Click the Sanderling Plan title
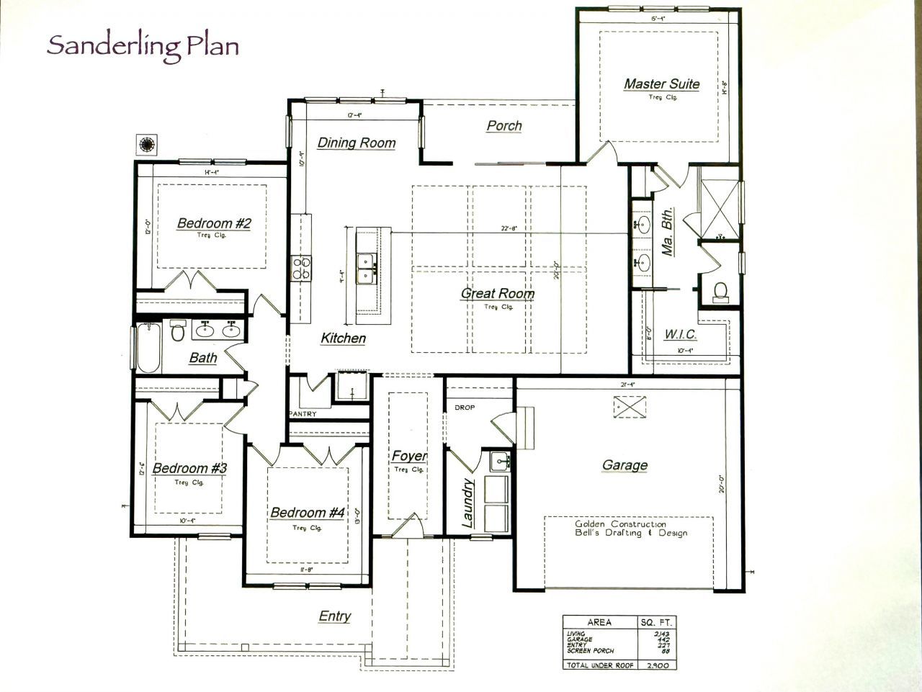[143, 46]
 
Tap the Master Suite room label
[661, 84]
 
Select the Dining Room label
[357, 143]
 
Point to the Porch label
[504, 126]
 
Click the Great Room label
[498, 293]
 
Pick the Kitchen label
[343, 338]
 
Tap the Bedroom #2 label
[214, 223]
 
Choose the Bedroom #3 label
[189, 469]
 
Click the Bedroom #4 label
[308, 513]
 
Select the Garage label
[625, 465]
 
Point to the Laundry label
[467, 503]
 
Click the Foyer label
[409, 456]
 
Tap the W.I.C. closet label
[680, 335]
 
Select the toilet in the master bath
[719, 291]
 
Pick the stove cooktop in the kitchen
[301, 268]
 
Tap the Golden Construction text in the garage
[620, 524]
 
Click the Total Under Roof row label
[599, 666]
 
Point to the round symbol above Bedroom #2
[147, 144]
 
